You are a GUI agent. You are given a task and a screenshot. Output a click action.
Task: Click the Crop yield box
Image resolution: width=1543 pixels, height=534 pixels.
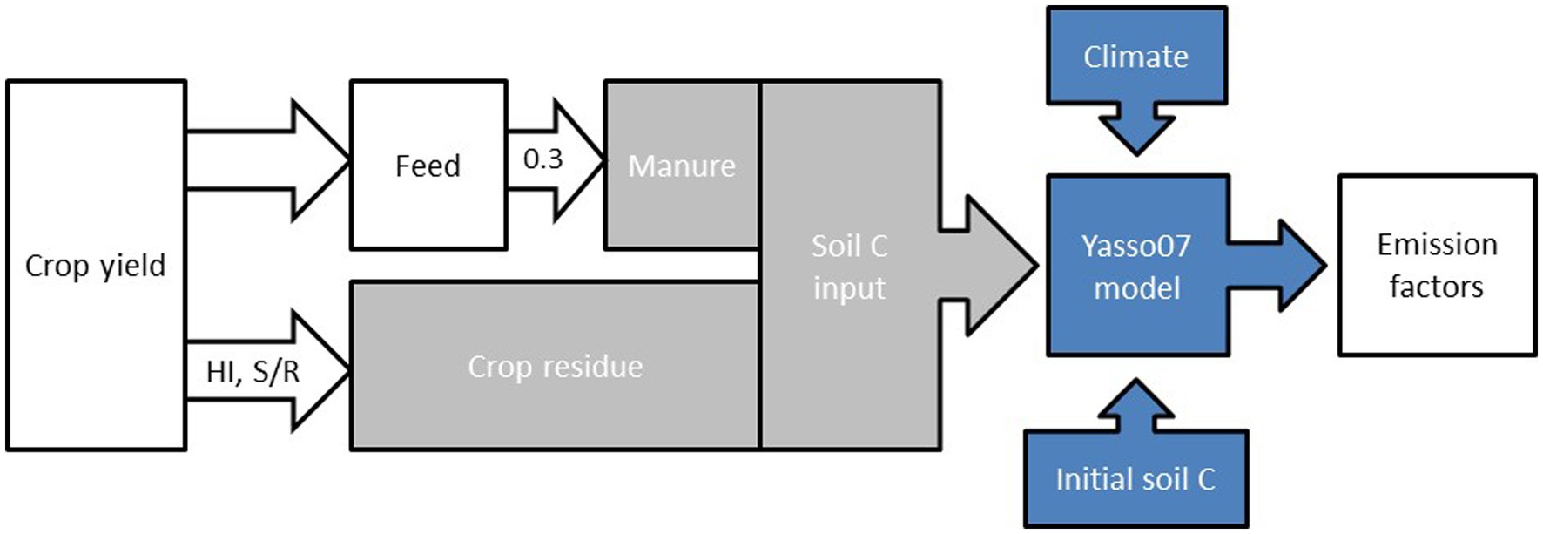96,266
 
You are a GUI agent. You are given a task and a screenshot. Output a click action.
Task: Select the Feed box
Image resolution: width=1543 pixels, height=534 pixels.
428,166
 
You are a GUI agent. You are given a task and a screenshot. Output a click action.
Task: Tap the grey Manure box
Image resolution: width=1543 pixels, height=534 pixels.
681,166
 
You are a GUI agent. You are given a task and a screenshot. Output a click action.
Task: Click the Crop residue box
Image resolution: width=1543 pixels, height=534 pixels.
555,367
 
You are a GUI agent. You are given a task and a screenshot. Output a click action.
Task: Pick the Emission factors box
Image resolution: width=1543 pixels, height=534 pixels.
1437,266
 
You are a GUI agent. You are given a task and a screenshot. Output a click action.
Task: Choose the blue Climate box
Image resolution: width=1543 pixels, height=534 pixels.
1135,57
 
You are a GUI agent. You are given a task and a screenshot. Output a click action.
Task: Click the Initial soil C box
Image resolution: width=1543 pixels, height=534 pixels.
1135,479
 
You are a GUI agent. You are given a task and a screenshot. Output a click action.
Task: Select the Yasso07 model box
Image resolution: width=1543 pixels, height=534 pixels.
1136,267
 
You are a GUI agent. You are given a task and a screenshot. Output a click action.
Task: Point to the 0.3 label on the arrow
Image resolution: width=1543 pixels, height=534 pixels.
542,159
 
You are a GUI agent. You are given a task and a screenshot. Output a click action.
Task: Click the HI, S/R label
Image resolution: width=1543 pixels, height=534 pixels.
253,372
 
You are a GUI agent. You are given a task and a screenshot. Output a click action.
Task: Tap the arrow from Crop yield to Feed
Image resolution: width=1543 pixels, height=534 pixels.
270,160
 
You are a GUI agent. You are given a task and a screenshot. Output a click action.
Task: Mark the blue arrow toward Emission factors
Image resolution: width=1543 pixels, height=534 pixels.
1280,266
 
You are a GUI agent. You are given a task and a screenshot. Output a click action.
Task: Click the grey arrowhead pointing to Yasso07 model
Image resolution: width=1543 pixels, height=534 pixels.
993,266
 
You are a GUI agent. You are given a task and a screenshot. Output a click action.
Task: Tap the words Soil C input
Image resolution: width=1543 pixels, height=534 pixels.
849,267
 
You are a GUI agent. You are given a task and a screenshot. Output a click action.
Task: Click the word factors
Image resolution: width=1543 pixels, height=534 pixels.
1436,287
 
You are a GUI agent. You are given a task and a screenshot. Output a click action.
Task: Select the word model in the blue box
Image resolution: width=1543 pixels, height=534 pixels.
1136,288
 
